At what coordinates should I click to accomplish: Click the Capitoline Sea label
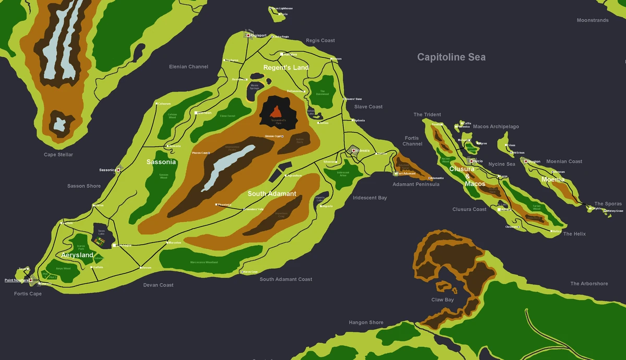tap(451, 57)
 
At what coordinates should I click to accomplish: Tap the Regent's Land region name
tap(286, 68)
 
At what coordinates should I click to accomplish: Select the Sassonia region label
tap(161, 162)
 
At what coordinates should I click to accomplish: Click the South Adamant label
tap(272, 194)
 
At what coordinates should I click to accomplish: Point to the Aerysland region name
tap(77, 255)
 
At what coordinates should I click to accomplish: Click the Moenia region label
tap(553, 179)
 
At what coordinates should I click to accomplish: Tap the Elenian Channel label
tap(188, 67)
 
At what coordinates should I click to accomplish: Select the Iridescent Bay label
tap(370, 198)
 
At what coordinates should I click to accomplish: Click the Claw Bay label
tap(442, 300)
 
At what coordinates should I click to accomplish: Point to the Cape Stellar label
tap(58, 155)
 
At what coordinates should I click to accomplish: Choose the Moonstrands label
tap(593, 20)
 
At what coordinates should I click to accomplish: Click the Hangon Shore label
tap(366, 323)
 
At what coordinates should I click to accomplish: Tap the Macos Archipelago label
tap(496, 127)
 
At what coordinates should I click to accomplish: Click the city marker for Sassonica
tap(119, 170)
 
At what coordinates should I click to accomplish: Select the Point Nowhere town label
tap(17, 280)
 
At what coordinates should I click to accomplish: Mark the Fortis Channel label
tap(412, 141)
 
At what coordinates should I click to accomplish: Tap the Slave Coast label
tap(368, 107)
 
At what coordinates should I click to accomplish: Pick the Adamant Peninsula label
tap(416, 184)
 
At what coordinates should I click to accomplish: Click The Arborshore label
tap(589, 284)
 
